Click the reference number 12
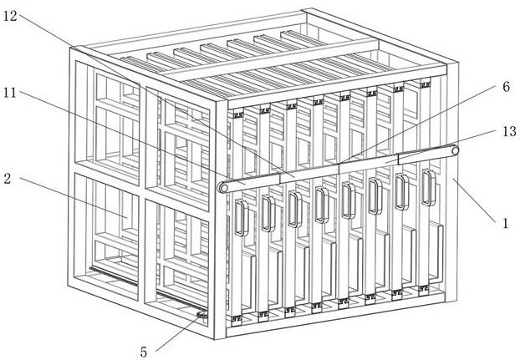pyautogui.click(x=10, y=16)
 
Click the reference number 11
pyautogui.click(x=10, y=93)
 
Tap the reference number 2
pyautogui.click(x=8, y=180)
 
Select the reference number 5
pyautogui.click(x=143, y=352)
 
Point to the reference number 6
pyautogui.click(x=506, y=87)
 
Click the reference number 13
pyautogui.click(x=509, y=131)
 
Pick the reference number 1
pyautogui.click(x=506, y=223)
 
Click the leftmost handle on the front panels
pyautogui.click(x=242, y=218)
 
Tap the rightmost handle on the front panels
pyautogui.click(x=429, y=187)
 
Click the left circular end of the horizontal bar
pyautogui.click(x=223, y=187)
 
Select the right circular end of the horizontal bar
pyautogui.click(x=454, y=151)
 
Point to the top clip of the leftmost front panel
pyautogui.click(x=238, y=115)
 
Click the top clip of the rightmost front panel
pyautogui.click(x=425, y=84)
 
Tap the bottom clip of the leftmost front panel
pyautogui.click(x=237, y=319)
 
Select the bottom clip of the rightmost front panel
pyautogui.click(x=423, y=289)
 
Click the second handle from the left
pyautogui.click(x=268, y=213)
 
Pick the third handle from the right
pyautogui.click(x=375, y=195)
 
